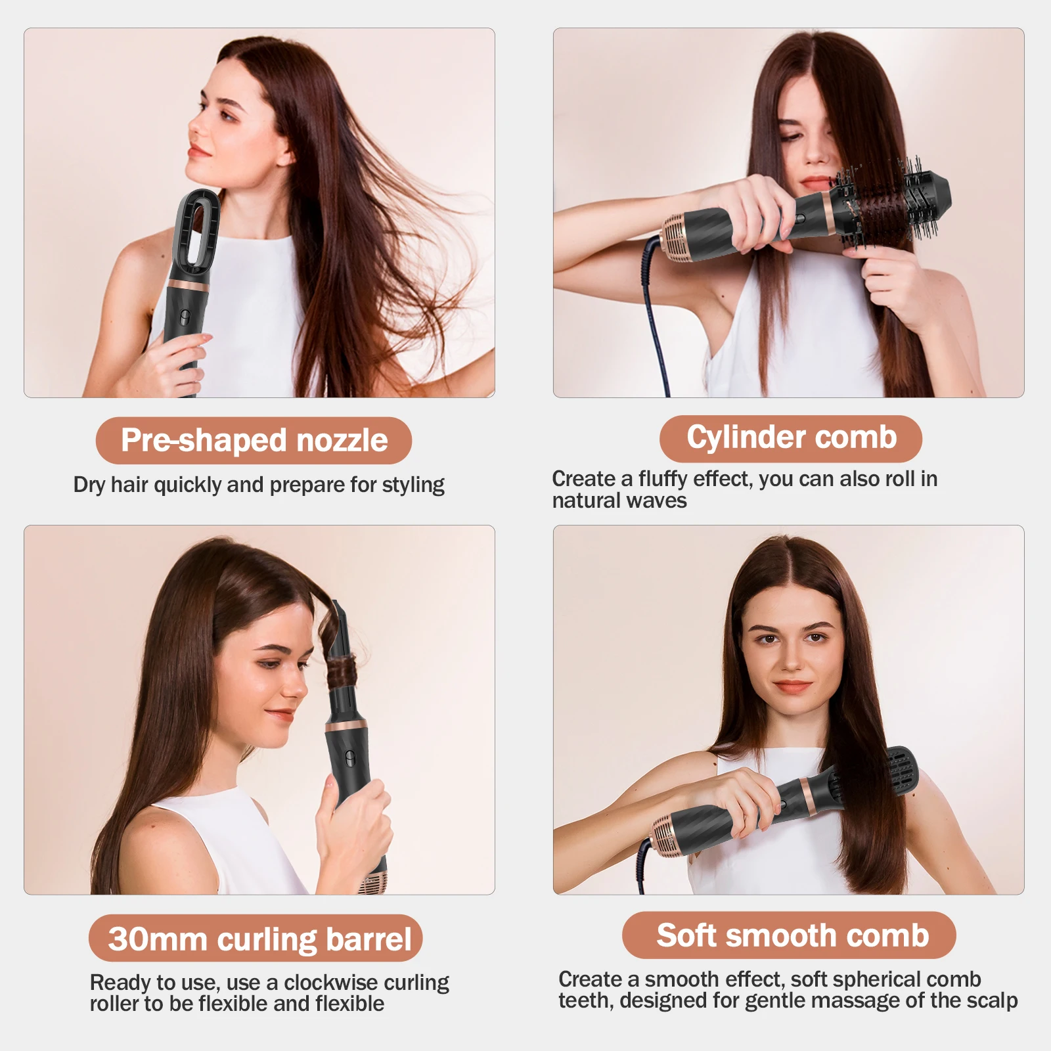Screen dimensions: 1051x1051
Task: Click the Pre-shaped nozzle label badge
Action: tap(254, 440)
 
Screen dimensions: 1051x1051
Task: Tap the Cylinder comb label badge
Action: tap(791, 438)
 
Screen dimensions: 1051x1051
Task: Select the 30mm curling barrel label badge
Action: tap(256, 938)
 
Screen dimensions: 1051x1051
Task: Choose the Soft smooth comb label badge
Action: tap(789, 935)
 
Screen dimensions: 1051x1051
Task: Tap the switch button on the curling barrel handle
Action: tap(349, 756)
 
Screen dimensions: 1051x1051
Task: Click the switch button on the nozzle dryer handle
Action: tap(185, 316)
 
